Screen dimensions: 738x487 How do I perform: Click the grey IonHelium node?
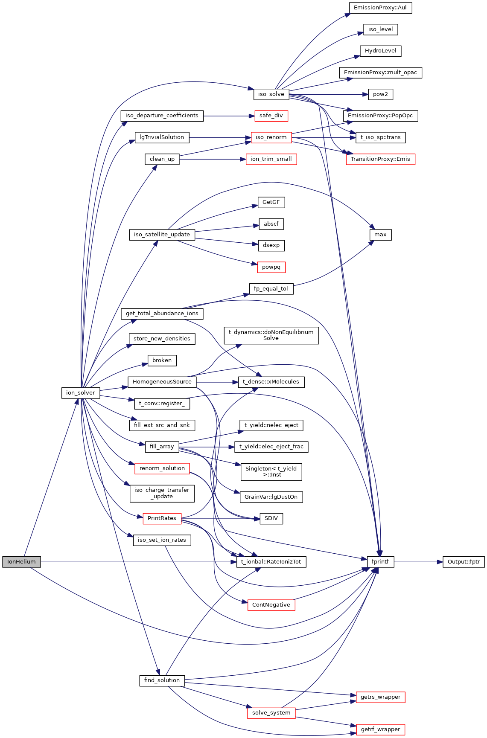click(x=21, y=562)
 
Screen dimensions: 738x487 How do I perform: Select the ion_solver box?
click(x=81, y=393)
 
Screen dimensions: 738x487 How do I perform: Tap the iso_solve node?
click(x=271, y=94)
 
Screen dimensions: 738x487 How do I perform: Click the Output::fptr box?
click(x=464, y=562)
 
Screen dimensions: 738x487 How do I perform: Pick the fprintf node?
click(x=380, y=562)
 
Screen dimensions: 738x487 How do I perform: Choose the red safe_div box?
click(x=271, y=116)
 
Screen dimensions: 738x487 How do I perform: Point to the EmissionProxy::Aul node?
click(x=380, y=8)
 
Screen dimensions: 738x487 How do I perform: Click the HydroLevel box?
click(x=380, y=51)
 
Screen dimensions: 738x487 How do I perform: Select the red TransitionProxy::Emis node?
click(x=380, y=159)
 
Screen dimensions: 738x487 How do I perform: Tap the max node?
click(x=380, y=235)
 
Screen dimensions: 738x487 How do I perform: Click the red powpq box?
click(x=271, y=267)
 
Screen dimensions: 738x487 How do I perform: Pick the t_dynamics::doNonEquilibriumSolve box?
click(x=271, y=335)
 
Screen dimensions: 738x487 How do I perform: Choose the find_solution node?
click(x=162, y=680)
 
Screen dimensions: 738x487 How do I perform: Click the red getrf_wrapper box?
click(x=380, y=729)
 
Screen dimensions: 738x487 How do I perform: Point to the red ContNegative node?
click(x=271, y=605)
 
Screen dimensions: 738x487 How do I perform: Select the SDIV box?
click(x=271, y=519)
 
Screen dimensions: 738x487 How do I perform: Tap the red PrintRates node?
click(x=162, y=518)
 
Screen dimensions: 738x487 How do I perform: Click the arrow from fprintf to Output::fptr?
click(x=418, y=562)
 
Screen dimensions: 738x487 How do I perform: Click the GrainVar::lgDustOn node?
click(x=271, y=497)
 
